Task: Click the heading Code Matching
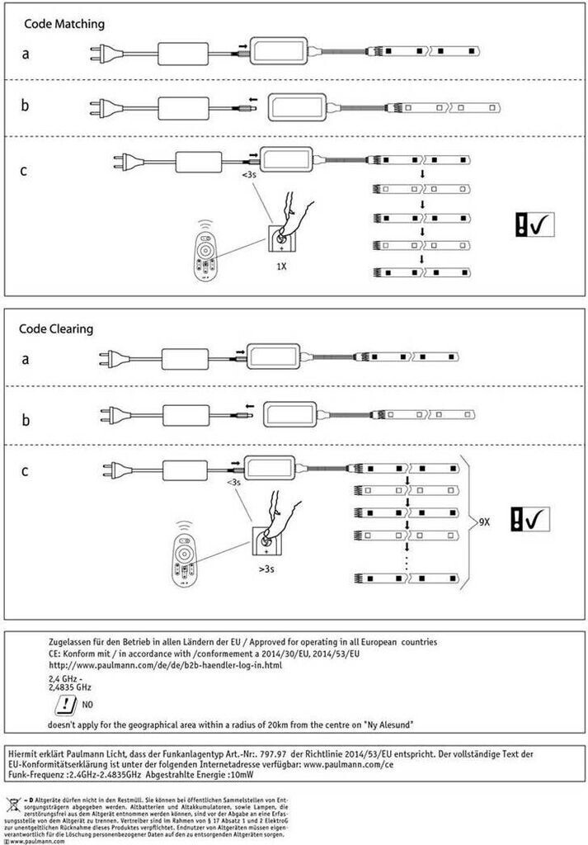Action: [x=64, y=24]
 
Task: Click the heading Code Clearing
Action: [x=56, y=328]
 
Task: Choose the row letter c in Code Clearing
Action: [x=25, y=471]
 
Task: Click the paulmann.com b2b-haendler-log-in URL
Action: [x=166, y=664]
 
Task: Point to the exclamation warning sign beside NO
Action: [x=62, y=705]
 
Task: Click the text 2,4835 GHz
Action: [x=70, y=687]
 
